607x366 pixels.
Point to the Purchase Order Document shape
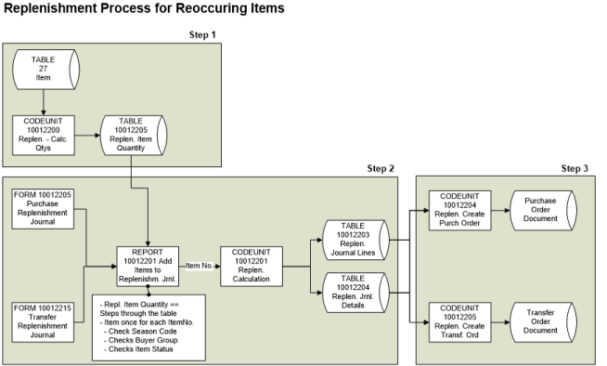point(540,209)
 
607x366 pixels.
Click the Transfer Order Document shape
point(540,320)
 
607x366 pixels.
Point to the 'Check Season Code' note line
point(143,331)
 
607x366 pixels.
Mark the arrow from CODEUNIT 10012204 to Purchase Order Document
point(500,209)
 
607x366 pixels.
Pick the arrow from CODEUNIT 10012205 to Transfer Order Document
point(500,320)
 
